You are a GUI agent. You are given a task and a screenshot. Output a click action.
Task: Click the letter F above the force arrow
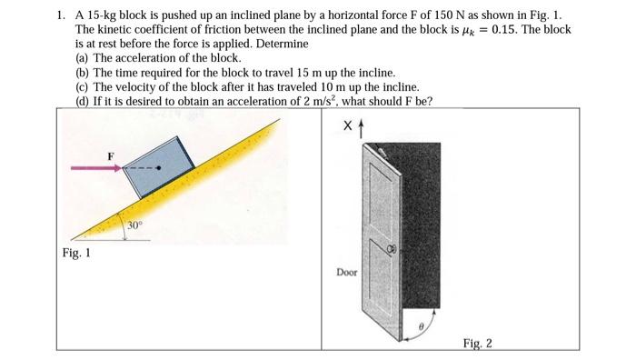coord(112,155)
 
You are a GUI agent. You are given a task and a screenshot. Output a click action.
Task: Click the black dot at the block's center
coord(161,168)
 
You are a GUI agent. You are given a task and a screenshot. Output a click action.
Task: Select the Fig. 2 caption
coord(476,343)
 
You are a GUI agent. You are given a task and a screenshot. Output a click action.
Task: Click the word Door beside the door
coord(346,271)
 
